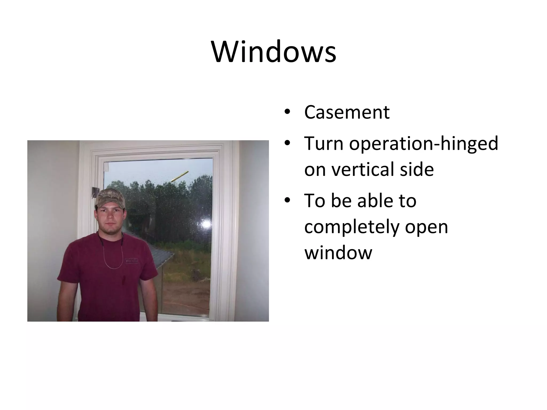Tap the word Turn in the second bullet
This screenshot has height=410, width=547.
tap(323, 143)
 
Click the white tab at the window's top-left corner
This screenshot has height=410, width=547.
tap(106, 167)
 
